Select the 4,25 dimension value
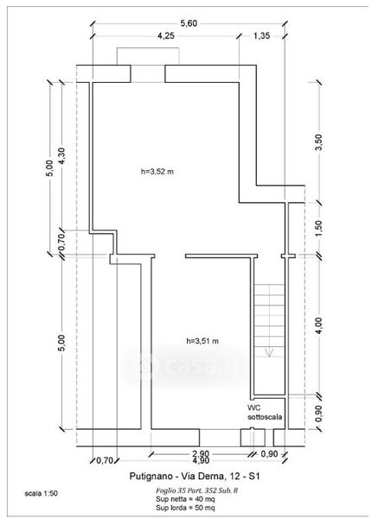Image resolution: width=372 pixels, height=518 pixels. (165, 35)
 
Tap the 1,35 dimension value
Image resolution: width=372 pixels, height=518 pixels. (261, 35)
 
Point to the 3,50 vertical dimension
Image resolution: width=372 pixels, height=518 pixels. (318, 142)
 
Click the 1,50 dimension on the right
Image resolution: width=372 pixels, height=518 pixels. (318, 229)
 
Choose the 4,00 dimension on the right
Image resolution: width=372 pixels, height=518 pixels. (318, 325)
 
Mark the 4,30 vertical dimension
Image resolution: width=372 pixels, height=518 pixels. (61, 156)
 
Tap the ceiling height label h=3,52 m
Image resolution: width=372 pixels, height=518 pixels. (157, 172)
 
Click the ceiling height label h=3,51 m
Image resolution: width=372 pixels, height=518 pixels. (202, 341)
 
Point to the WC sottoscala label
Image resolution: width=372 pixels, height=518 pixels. (265, 413)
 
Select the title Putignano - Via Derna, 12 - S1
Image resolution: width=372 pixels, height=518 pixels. (195, 476)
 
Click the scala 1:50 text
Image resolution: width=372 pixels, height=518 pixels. (42, 494)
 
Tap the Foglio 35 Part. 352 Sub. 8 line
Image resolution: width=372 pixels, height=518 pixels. (196, 490)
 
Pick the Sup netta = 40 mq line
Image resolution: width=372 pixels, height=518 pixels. (185, 499)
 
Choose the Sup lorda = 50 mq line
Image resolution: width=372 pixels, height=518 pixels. (185, 507)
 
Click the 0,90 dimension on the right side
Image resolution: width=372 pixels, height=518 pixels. (318, 413)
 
